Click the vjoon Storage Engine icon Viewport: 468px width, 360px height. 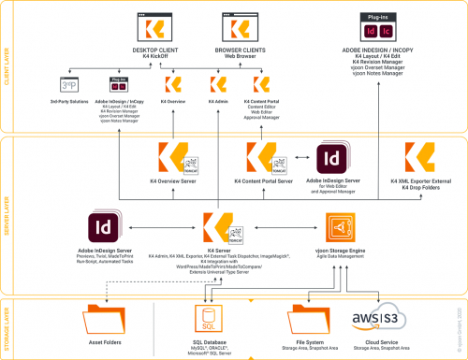click(x=343, y=226)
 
